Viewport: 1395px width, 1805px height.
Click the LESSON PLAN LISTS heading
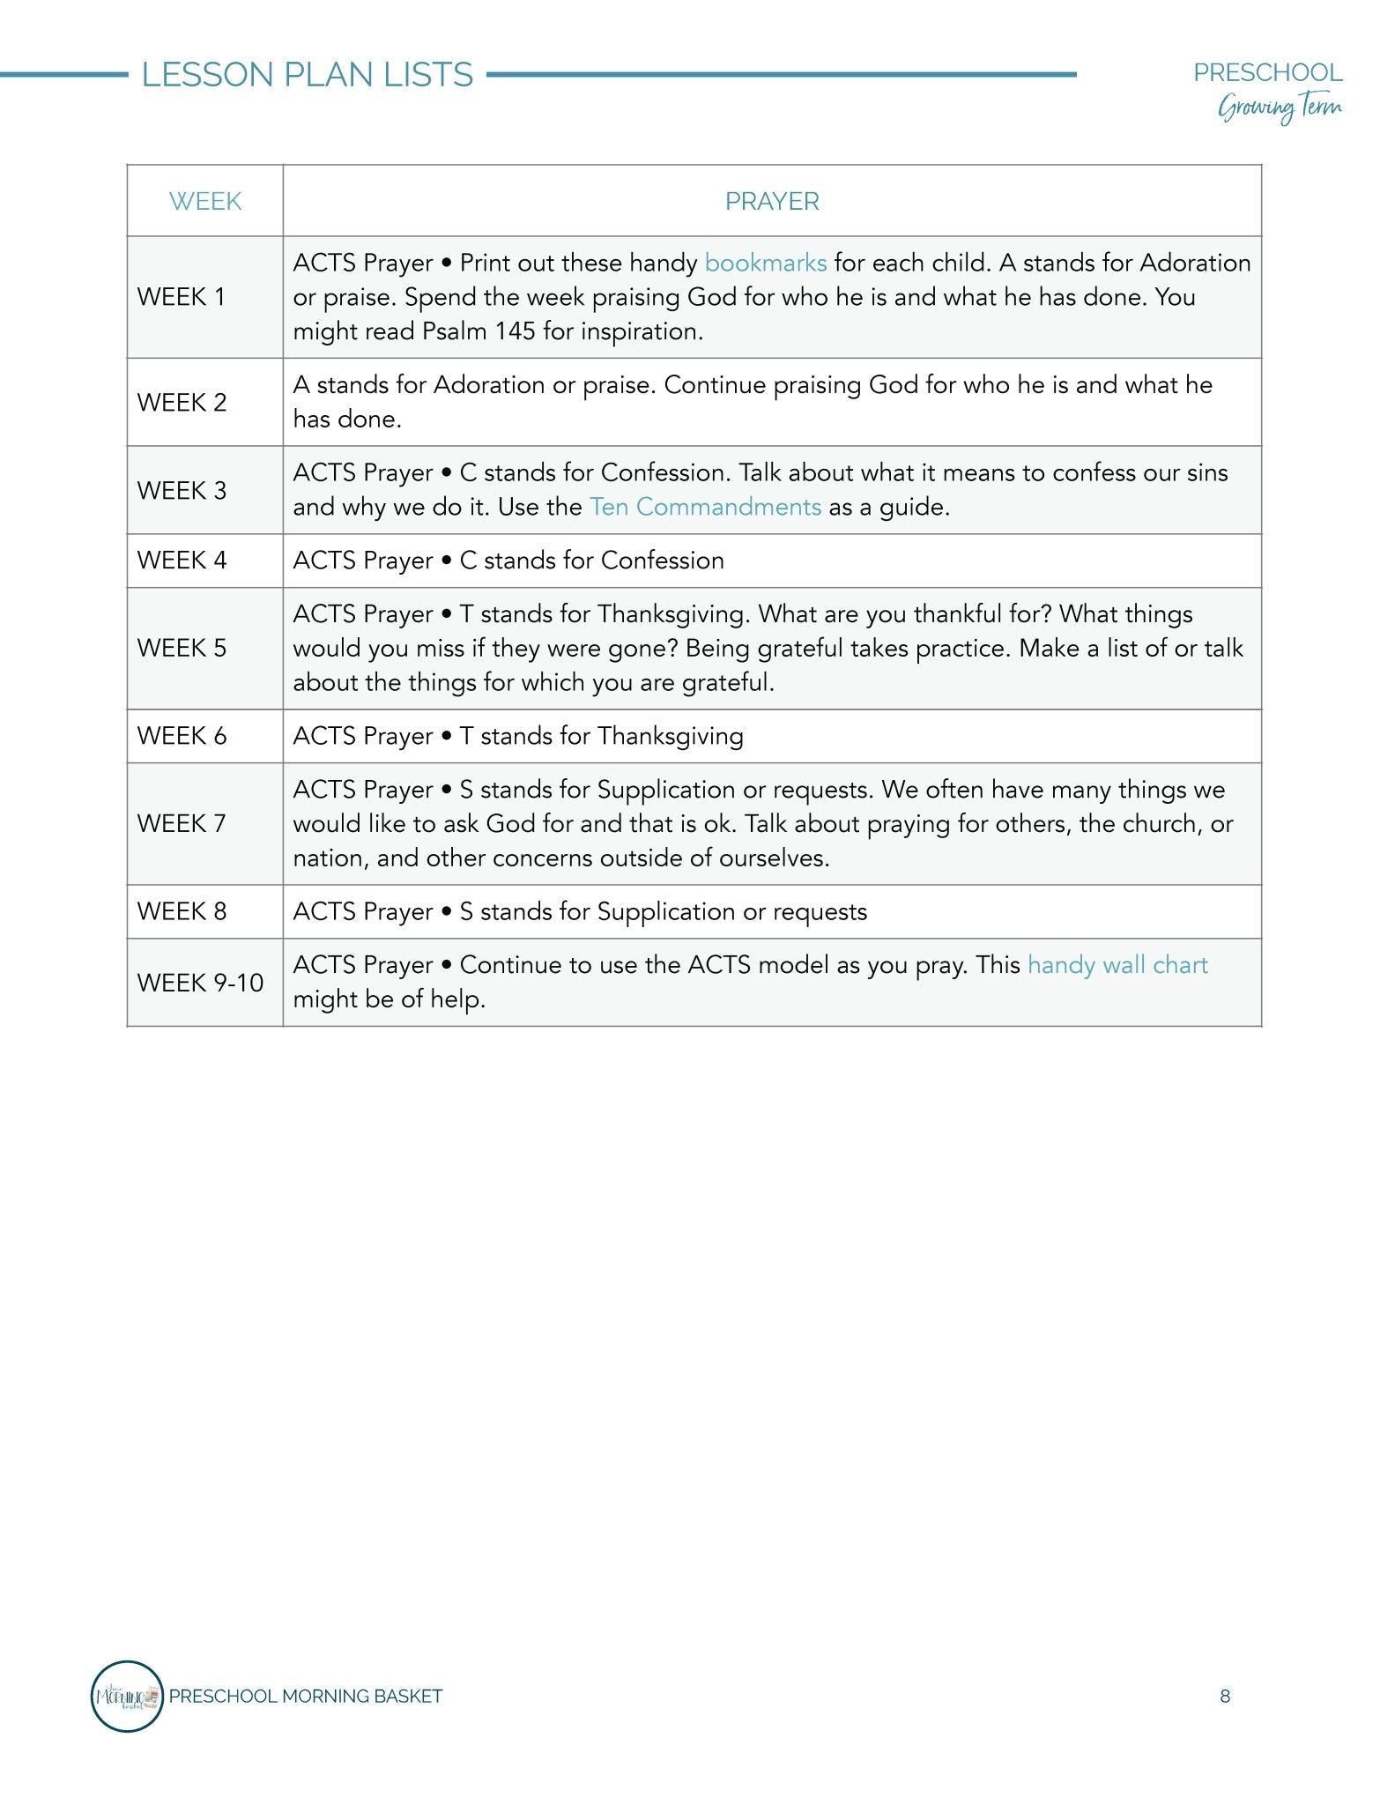tap(307, 75)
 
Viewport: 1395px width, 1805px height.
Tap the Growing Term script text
tap(1280, 108)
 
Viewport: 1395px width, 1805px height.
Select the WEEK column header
tap(204, 201)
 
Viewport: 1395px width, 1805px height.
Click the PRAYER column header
tap(772, 201)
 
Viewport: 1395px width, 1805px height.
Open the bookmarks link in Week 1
tap(765, 263)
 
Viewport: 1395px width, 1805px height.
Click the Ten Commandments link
tap(705, 507)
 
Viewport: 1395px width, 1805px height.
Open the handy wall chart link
tap(1117, 964)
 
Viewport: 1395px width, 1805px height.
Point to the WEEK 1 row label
tap(182, 297)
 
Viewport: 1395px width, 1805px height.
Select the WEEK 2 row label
tap(182, 402)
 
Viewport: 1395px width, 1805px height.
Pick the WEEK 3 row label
tap(182, 490)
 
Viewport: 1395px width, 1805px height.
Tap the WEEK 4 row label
tap(182, 561)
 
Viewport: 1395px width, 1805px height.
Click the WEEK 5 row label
tap(182, 648)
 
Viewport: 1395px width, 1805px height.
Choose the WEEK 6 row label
tap(182, 736)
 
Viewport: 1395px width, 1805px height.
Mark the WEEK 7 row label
tap(182, 823)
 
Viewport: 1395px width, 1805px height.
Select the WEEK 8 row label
tap(182, 911)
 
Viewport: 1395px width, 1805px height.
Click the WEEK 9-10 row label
tap(200, 982)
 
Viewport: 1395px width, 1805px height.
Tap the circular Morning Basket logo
tap(127, 1696)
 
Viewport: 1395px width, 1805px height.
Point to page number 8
tap(1225, 1697)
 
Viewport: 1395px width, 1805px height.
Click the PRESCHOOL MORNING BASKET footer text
tap(305, 1697)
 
